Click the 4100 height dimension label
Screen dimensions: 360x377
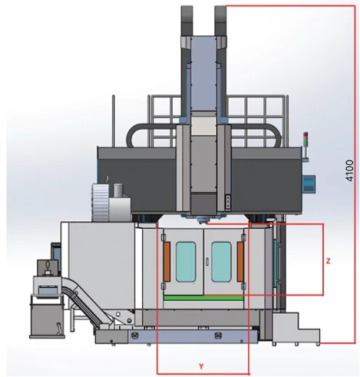[x=349, y=170]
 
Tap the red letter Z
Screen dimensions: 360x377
[x=328, y=261]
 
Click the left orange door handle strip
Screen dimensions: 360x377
[x=167, y=262]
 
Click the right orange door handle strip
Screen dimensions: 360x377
[x=240, y=262]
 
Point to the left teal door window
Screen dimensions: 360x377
[x=185, y=262]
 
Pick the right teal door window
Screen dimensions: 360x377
[x=222, y=262]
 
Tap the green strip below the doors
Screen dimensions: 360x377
[x=204, y=298]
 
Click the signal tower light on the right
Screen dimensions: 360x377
[x=306, y=139]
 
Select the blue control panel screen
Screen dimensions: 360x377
[x=309, y=183]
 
